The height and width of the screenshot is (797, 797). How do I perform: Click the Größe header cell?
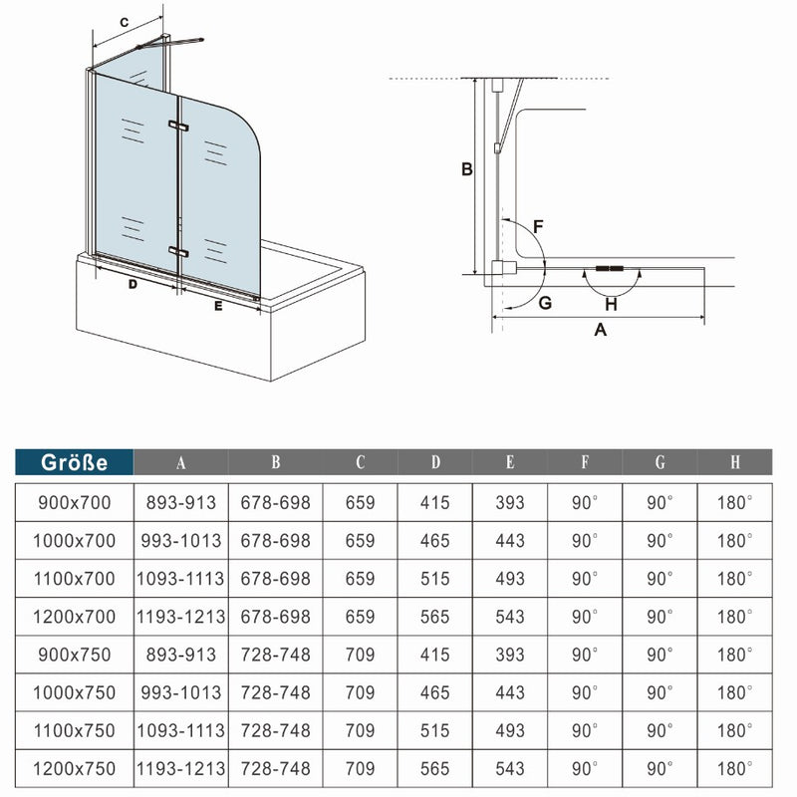[74, 462]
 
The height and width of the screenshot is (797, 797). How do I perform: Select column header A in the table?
[180, 462]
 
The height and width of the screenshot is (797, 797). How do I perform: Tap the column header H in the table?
[734, 462]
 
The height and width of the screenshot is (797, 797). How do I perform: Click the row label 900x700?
[74, 503]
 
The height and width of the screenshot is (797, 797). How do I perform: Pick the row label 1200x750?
[74, 769]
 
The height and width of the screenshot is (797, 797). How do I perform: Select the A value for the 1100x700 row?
[180, 579]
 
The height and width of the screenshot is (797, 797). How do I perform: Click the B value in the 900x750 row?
[275, 655]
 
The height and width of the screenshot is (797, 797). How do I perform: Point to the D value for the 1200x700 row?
[434, 617]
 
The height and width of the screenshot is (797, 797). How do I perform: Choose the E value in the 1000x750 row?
[509, 692]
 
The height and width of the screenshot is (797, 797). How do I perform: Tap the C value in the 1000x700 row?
[360, 541]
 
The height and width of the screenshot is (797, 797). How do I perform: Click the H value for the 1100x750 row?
[734, 731]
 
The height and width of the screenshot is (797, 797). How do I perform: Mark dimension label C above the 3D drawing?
[125, 22]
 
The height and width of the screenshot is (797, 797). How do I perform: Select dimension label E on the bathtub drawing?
[218, 307]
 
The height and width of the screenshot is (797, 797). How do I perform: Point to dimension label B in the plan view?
[465, 169]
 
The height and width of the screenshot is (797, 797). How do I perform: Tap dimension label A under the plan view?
[600, 332]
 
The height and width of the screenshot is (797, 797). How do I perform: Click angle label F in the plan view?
[537, 226]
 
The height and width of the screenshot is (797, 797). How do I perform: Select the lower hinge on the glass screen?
[178, 251]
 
